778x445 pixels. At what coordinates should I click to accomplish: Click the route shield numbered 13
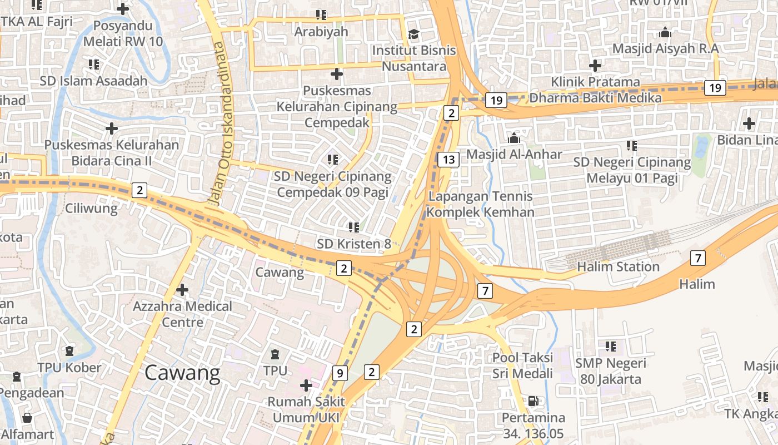pyautogui.click(x=448, y=160)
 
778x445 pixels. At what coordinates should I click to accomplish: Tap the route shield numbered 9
pyautogui.click(x=340, y=373)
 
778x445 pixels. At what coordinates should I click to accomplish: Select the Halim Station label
pyautogui.click(x=618, y=267)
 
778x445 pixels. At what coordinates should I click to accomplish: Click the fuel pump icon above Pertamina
pyautogui.click(x=533, y=400)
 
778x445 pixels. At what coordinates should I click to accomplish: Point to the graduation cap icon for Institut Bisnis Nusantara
pyautogui.click(x=413, y=34)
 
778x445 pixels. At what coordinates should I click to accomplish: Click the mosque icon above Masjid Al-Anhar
pyautogui.click(x=514, y=137)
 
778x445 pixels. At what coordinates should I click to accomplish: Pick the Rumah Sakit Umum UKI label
pyautogui.click(x=306, y=409)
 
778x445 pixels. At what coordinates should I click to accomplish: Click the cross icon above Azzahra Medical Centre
pyautogui.click(x=182, y=290)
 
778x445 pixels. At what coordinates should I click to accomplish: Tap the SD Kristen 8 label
pyautogui.click(x=354, y=244)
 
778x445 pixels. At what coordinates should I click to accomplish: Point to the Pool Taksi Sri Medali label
pyautogui.click(x=522, y=365)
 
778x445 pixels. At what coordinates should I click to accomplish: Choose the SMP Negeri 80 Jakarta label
pyautogui.click(x=611, y=372)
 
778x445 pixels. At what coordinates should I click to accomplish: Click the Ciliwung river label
pyautogui.click(x=91, y=209)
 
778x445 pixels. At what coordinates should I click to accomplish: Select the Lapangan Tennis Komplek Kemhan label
pyautogui.click(x=481, y=204)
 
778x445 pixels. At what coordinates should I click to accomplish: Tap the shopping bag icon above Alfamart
pyautogui.click(x=27, y=417)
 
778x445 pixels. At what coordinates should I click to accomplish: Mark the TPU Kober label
pyautogui.click(x=69, y=368)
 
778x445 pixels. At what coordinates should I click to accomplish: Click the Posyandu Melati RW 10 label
pyautogui.click(x=123, y=33)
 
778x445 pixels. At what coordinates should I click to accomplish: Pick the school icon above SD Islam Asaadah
pyautogui.click(x=93, y=65)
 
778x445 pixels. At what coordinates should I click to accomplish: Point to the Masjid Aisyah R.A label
pyautogui.click(x=665, y=48)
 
